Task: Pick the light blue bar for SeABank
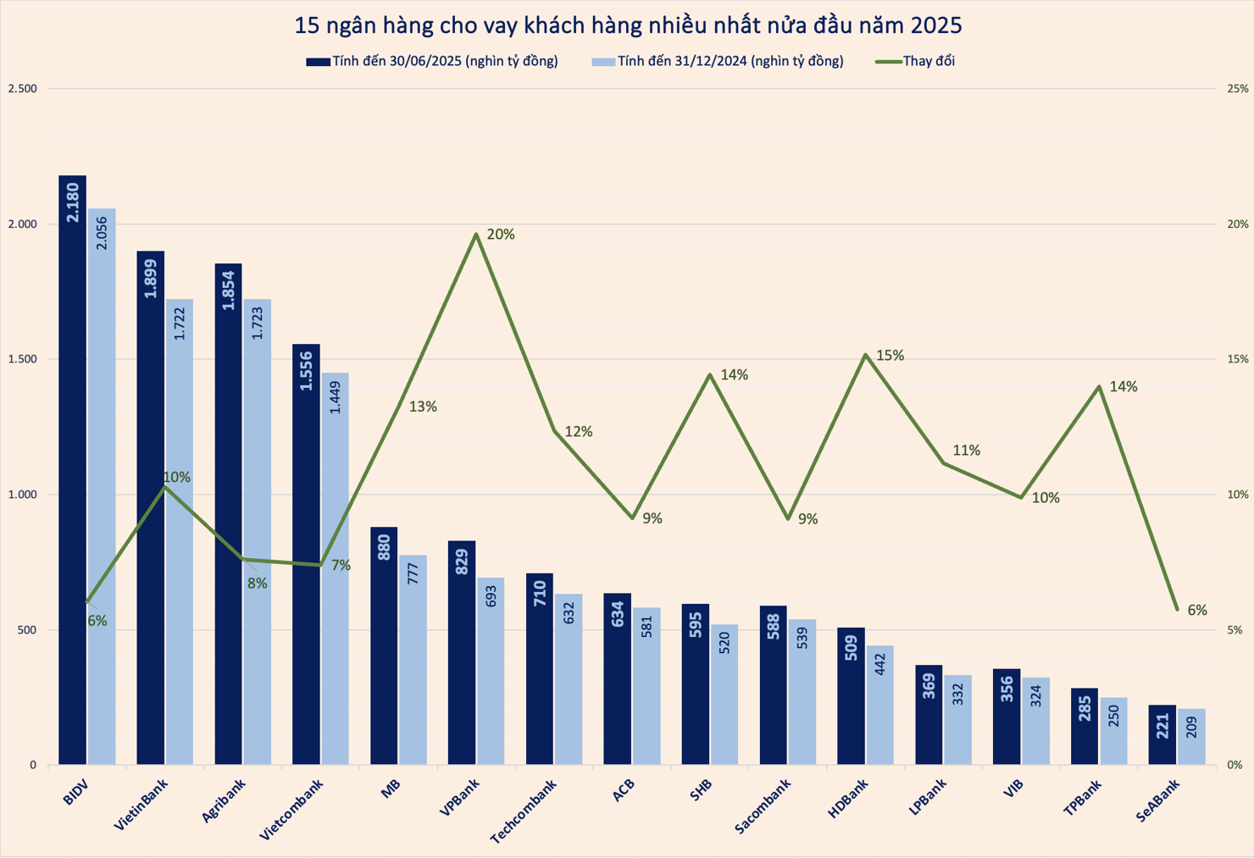(x=1191, y=737)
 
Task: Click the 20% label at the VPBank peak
(x=501, y=235)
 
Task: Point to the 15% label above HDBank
(x=890, y=356)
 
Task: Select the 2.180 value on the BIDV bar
(x=73, y=202)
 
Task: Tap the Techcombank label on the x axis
(x=523, y=811)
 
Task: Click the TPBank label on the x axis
(x=1083, y=798)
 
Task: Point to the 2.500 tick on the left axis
(x=22, y=89)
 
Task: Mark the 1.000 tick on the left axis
(x=22, y=495)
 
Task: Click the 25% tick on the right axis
(x=1237, y=89)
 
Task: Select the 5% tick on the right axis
(x=1235, y=630)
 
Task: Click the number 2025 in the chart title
(x=936, y=25)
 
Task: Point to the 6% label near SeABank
(x=1196, y=611)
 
